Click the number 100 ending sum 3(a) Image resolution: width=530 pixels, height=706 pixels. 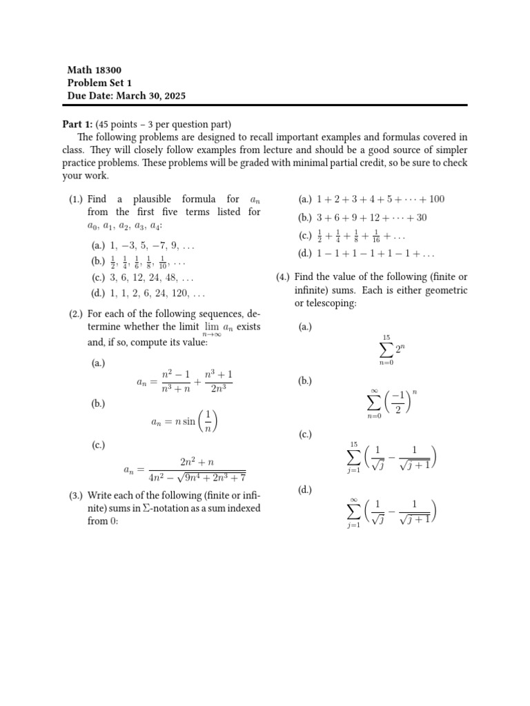point(436,199)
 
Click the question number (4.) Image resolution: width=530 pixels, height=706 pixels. point(283,276)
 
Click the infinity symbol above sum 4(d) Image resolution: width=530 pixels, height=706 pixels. point(353,499)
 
